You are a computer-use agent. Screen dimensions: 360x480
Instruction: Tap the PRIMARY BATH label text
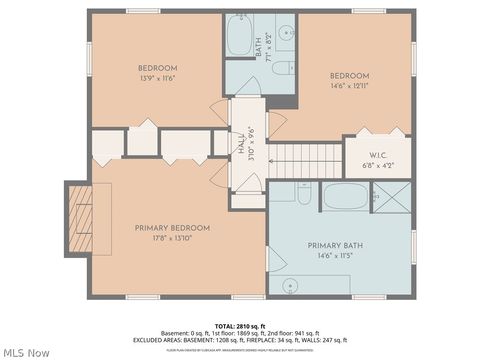tap(339, 246)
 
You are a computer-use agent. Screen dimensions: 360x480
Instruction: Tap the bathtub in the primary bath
tap(345, 195)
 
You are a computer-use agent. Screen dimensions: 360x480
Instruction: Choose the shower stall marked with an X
tap(396, 195)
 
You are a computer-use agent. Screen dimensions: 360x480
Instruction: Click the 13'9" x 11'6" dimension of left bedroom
tap(157, 78)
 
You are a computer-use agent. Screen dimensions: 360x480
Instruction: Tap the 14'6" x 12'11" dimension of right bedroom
tap(351, 86)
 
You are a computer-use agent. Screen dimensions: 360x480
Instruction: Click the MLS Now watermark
tap(27, 352)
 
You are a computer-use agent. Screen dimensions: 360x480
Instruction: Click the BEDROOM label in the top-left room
tap(157, 68)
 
